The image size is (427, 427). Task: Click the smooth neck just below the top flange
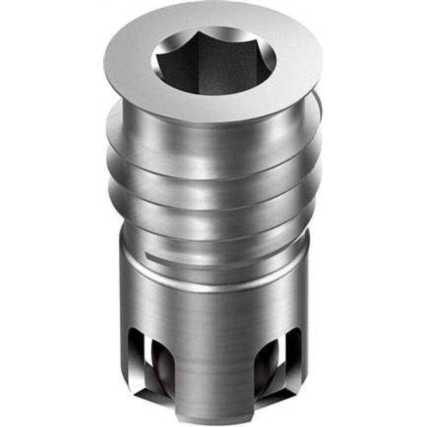[213, 128]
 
